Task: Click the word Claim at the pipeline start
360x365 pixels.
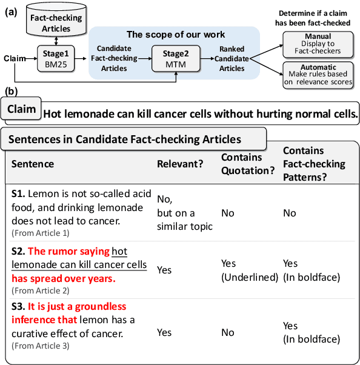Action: (x=14, y=58)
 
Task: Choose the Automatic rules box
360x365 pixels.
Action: (x=318, y=75)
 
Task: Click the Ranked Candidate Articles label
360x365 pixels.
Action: (x=230, y=59)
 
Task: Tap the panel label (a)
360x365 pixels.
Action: (x=10, y=11)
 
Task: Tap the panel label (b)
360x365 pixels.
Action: (x=10, y=92)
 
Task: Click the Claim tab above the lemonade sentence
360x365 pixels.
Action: (x=22, y=109)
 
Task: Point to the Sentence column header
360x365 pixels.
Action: (x=33, y=164)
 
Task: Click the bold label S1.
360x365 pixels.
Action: (x=18, y=192)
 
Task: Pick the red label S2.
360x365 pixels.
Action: (x=18, y=251)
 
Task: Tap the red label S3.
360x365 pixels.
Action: (x=18, y=307)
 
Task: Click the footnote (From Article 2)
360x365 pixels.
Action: (x=41, y=290)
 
